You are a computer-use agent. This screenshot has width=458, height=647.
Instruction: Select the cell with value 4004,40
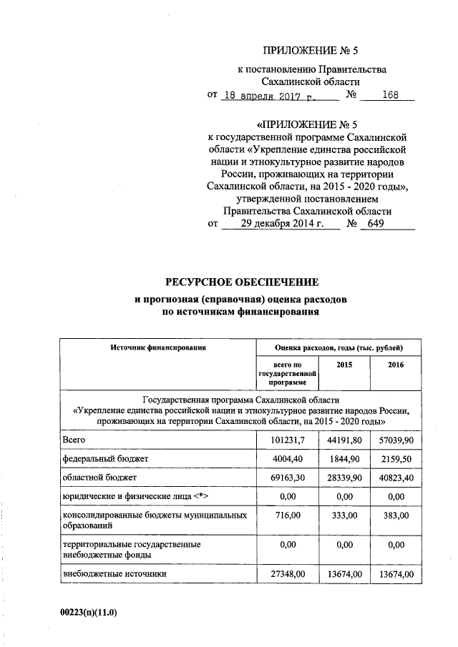pos(286,458)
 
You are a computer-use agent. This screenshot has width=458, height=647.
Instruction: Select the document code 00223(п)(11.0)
pos(88,613)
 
